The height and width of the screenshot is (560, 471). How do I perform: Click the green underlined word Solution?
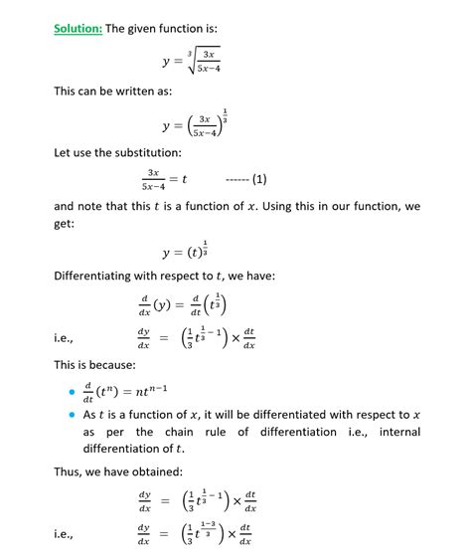[x=78, y=28]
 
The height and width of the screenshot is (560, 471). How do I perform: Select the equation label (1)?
[x=259, y=179]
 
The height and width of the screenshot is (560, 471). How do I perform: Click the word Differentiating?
[x=105, y=275]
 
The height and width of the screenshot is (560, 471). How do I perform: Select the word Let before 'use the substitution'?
[x=65, y=153]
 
